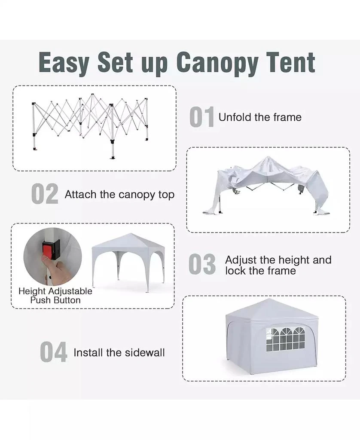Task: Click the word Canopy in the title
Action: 217,63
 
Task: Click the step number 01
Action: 201,118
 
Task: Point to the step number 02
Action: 45,195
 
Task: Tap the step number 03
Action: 202,265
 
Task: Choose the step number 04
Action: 54,352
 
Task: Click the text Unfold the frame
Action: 260,117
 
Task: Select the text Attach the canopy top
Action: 119,195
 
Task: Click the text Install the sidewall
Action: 119,353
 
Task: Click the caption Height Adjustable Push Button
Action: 55,296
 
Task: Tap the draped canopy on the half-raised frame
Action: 266,180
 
